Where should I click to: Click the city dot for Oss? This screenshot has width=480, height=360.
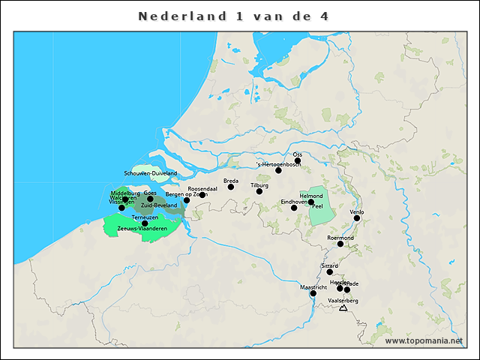coord(298,160)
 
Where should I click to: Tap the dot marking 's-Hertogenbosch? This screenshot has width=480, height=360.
coord(278,170)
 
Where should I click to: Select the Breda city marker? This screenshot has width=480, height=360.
coord(231,187)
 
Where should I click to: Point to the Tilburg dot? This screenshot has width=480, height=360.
coord(259,191)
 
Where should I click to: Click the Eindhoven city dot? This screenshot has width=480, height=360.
coord(294,208)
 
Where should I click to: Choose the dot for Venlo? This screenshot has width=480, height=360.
coord(357,218)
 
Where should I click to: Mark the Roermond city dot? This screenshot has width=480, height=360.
coord(340,244)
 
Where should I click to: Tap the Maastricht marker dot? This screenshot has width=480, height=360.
coord(313,293)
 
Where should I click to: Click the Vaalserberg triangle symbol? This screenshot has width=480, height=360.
coord(343,307)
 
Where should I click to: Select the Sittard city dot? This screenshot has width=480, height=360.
coord(330,271)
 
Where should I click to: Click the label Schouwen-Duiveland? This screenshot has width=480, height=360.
coord(151,173)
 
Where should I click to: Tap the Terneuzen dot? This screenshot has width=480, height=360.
coord(145,223)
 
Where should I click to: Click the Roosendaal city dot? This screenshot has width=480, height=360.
coord(202,195)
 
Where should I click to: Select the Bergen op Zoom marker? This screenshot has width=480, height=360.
coord(187,200)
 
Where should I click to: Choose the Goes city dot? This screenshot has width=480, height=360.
coord(150,199)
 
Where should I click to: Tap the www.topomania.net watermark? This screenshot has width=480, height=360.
coord(424,341)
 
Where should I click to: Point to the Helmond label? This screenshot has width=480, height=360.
coord(310,196)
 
